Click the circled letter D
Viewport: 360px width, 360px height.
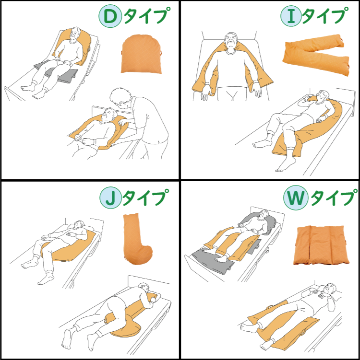[x=110, y=16]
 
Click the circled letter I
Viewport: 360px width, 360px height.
[x=291, y=16]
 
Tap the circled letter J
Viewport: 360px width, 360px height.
[x=110, y=197]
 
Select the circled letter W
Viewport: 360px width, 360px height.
[x=295, y=197]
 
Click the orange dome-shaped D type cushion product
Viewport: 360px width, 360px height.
[x=141, y=55]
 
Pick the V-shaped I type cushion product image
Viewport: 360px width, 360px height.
[x=316, y=55]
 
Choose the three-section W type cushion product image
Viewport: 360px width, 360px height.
[x=321, y=245]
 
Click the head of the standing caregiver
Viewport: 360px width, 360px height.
[x=120, y=97]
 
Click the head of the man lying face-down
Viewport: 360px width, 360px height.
[x=145, y=289]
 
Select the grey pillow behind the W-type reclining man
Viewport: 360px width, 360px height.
[x=259, y=222]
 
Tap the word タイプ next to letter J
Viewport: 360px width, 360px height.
[x=145, y=197]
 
